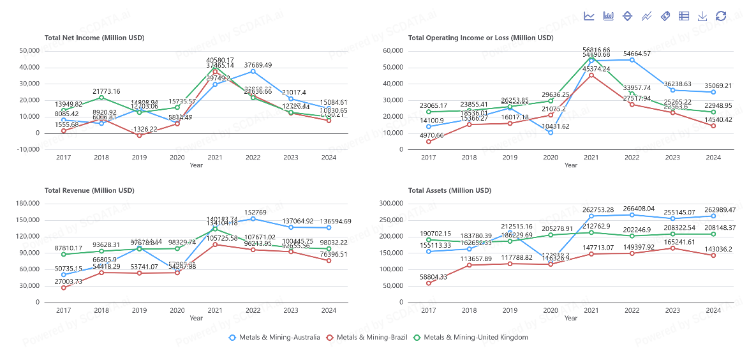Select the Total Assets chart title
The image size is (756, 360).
(450, 190)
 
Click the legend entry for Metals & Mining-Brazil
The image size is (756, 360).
(364, 337)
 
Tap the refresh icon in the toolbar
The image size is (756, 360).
(721, 16)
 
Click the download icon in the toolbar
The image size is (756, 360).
(702, 16)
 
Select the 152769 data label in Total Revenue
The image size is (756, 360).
(253, 213)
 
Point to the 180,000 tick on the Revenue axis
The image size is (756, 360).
(27, 204)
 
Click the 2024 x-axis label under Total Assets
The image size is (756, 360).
(713, 310)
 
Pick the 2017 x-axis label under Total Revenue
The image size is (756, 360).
(63, 310)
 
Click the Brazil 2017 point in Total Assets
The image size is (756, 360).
(428, 283)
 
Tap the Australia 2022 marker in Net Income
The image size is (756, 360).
(253, 71)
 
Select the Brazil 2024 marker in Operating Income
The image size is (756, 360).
(713, 126)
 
